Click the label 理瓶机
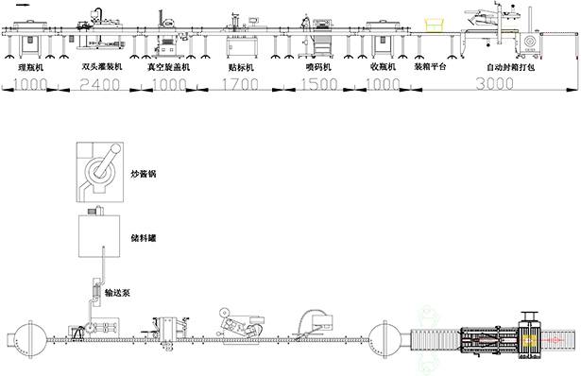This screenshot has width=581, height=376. tap(27, 69)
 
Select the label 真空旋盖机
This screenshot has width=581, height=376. tap(169, 69)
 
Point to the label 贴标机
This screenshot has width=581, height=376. tap(241, 69)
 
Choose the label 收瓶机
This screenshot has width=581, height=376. tap(383, 69)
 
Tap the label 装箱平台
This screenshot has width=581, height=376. tap(432, 69)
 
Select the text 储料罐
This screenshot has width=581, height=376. tap(143, 239)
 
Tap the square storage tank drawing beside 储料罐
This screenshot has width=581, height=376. tap(96, 236)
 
